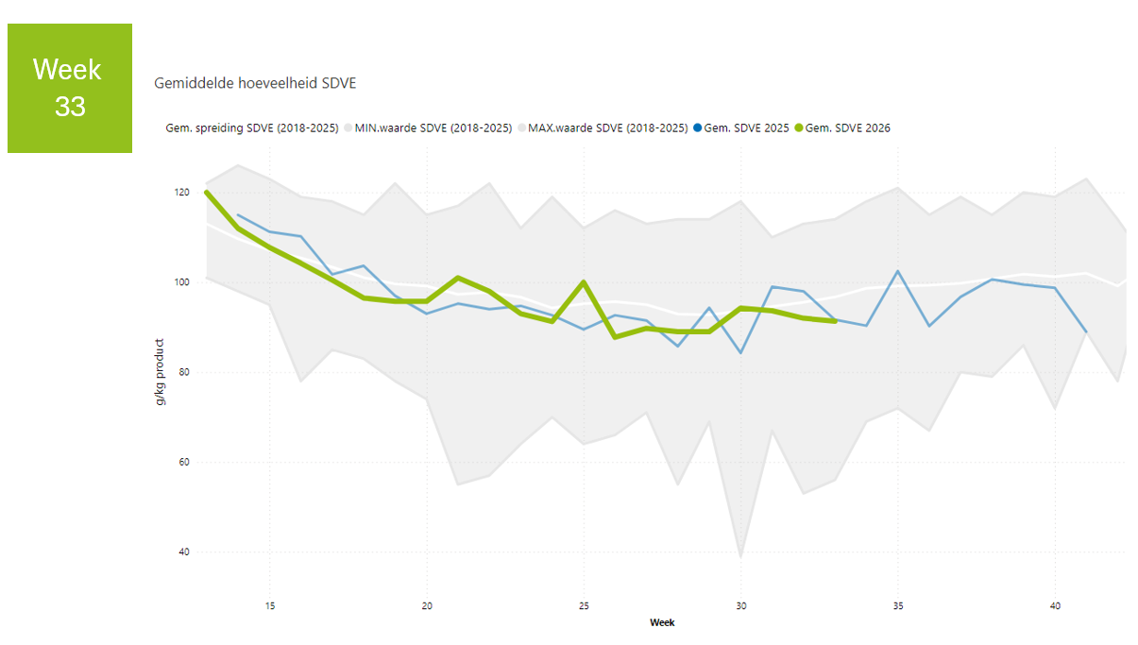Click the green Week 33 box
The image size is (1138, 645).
click(x=70, y=88)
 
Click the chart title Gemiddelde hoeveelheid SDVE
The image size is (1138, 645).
click(x=255, y=83)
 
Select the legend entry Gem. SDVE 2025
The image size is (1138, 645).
click(x=741, y=128)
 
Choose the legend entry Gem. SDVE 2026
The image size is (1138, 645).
click(x=842, y=128)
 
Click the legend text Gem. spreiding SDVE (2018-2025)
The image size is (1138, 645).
click(x=252, y=128)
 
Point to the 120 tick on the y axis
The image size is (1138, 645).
click(x=182, y=193)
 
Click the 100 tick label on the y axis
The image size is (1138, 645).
click(x=182, y=282)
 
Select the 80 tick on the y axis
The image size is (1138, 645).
click(x=184, y=372)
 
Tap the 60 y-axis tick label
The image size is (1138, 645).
click(x=184, y=462)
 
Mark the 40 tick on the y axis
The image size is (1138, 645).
click(x=184, y=552)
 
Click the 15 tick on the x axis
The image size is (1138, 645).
click(x=270, y=606)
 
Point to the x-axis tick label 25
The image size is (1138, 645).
click(x=584, y=606)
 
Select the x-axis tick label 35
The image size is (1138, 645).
click(x=898, y=606)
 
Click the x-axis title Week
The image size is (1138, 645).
click(x=662, y=622)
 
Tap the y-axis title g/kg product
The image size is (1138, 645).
click(x=160, y=372)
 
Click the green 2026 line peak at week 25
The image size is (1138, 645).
click(x=584, y=281)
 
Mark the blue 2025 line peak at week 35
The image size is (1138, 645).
click(x=898, y=271)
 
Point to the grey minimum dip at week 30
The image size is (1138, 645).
click(x=740, y=556)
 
